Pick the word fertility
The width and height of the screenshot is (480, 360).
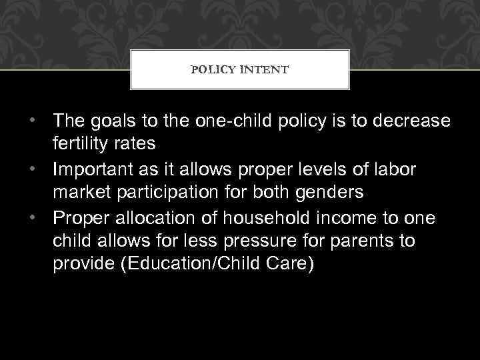coord(83,143)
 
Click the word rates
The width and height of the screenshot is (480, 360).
coord(136,143)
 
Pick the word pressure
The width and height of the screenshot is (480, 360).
coord(239,241)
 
